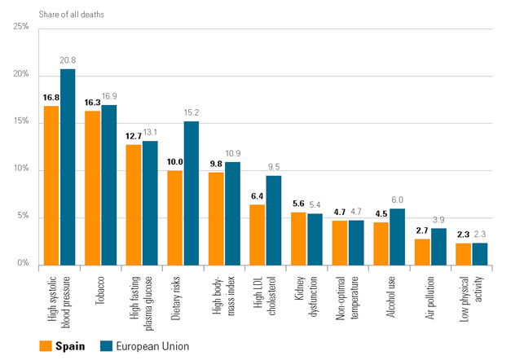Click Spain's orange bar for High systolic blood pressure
pyautogui.click(x=51, y=185)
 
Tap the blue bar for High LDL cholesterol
pyautogui.click(x=274, y=219)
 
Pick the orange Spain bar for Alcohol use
pyautogui.click(x=381, y=243)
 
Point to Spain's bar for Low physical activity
pyautogui.click(x=463, y=252)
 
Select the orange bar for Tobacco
pyautogui.click(x=92, y=187)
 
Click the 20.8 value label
pyautogui.click(x=68, y=60)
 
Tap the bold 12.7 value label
pyautogui.click(x=133, y=136)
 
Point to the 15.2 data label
pyautogui.click(x=192, y=113)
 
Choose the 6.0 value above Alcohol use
pyautogui.click(x=397, y=200)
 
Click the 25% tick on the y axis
pyautogui.click(x=21, y=27)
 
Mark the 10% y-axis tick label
pyautogui.click(x=21, y=169)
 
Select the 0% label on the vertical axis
pyautogui.click(x=24, y=264)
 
